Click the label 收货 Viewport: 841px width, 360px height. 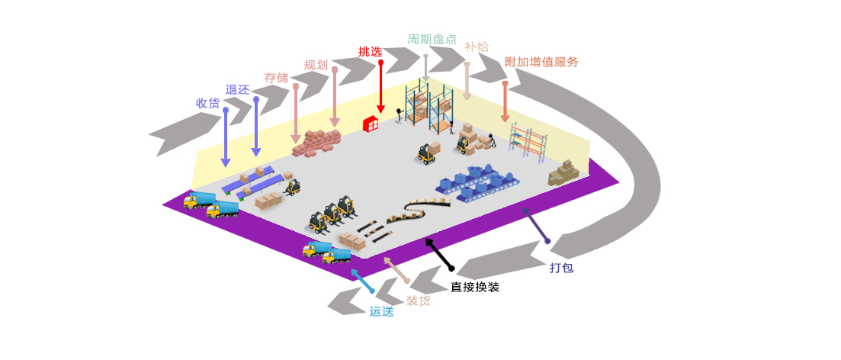coord(208,104)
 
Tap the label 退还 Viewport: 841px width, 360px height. coord(238,89)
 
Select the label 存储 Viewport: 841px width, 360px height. coord(276,78)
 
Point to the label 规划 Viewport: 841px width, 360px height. coord(316,65)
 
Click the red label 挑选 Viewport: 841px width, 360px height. coord(370,52)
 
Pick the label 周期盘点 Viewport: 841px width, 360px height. coord(432,39)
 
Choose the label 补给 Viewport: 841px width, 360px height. coord(477,47)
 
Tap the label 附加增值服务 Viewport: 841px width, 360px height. coord(541,62)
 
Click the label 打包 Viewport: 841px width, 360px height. coord(562,267)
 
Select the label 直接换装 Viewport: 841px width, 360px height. coord(475,287)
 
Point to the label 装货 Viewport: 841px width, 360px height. coord(418,301)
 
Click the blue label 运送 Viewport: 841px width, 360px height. coord(381,311)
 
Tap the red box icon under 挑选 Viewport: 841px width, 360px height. coord(371,124)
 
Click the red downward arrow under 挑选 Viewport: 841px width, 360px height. coord(380,87)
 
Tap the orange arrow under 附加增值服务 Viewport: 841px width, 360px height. coord(505,102)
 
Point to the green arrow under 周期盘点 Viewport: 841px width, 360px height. coord(426,68)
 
